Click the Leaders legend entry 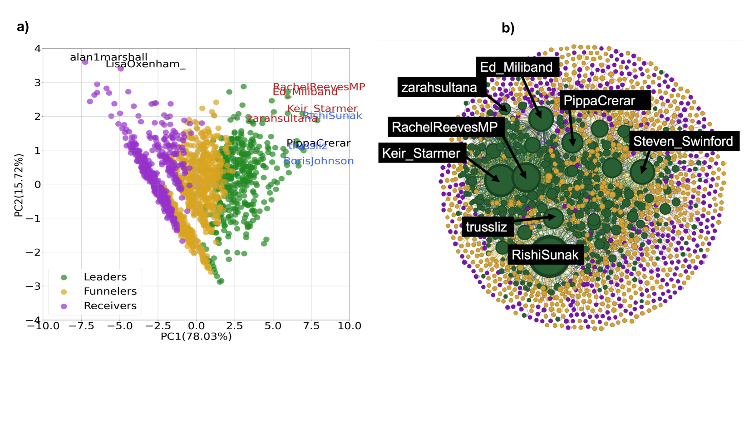[105, 277]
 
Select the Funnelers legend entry [110, 291]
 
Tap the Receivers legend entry [110, 306]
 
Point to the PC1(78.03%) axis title [196, 337]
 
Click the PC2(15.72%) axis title [19, 185]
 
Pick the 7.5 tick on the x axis [311, 326]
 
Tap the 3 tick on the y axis [37, 83]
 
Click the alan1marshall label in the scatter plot [108, 57]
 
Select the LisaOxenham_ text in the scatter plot [145, 64]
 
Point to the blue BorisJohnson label [319, 161]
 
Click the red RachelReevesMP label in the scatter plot [319, 86]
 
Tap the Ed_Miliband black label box [517, 67]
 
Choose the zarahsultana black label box [439, 87]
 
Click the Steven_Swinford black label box [683, 141]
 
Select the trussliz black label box [486, 227]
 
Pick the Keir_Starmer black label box [421, 153]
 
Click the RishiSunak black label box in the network [545, 255]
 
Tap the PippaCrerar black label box [599, 100]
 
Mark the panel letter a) [23, 27]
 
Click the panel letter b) [508, 28]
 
